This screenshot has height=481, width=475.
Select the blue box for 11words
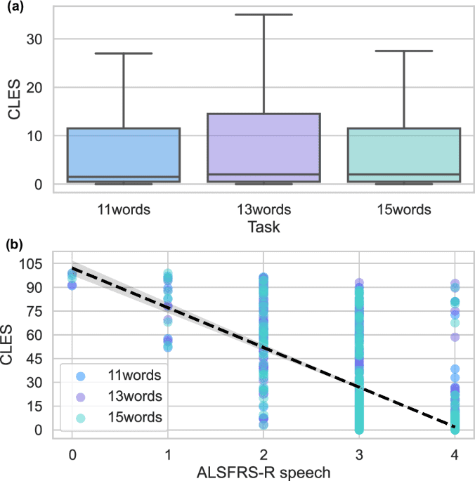124,155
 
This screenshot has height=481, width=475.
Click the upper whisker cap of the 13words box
263,14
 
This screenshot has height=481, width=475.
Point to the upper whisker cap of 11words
124,53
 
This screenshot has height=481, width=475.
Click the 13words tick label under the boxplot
263,209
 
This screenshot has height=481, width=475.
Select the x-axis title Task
263,226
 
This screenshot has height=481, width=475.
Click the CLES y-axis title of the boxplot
12,102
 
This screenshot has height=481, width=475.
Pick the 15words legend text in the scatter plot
134,417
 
